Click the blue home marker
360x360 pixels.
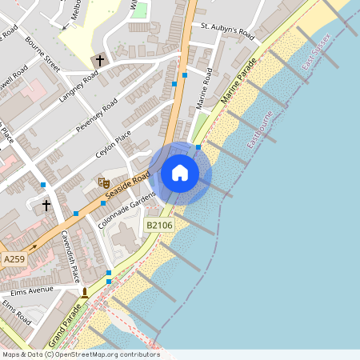tap(180, 173)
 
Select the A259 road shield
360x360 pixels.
tap(14, 260)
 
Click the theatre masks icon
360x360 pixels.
tap(102, 182)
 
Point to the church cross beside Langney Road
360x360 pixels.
tap(100, 60)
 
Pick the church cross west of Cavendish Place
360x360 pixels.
tap(46, 206)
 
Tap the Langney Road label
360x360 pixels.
tap(78, 89)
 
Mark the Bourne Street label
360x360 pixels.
tap(42, 53)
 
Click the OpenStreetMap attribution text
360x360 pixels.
tap(80, 354)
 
